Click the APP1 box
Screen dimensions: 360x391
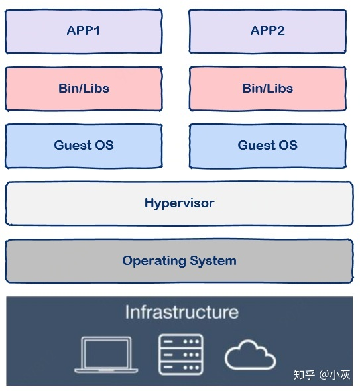[x=84, y=31]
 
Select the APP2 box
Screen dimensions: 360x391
[x=267, y=31]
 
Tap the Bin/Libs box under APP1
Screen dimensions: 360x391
[x=84, y=89]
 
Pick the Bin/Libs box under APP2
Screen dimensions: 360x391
[x=267, y=89]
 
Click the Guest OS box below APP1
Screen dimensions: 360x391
[x=84, y=146]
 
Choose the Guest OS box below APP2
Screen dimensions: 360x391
[x=267, y=146]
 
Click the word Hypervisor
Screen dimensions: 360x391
[x=180, y=203]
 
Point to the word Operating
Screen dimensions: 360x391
[x=154, y=261]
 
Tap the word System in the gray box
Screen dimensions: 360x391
[x=213, y=261]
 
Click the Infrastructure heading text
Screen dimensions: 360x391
[x=182, y=312]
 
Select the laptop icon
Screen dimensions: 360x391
[x=106, y=355]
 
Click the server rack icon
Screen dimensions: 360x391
[x=181, y=355]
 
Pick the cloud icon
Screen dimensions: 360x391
[x=250, y=355]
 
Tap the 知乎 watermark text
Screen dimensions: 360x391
[x=304, y=375]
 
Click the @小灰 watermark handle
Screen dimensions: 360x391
[x=335, y=375]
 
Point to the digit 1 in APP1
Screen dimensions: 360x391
[x=96, y=31]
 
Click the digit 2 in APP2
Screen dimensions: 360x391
[x=280, y=31]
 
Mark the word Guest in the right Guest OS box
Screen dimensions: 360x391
[x=257, y=145]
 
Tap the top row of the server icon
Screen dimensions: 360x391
[x=181, y=341]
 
